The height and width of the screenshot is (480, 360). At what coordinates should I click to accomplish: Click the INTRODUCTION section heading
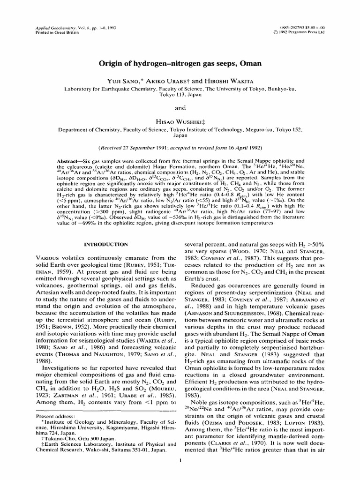[105, 244]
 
